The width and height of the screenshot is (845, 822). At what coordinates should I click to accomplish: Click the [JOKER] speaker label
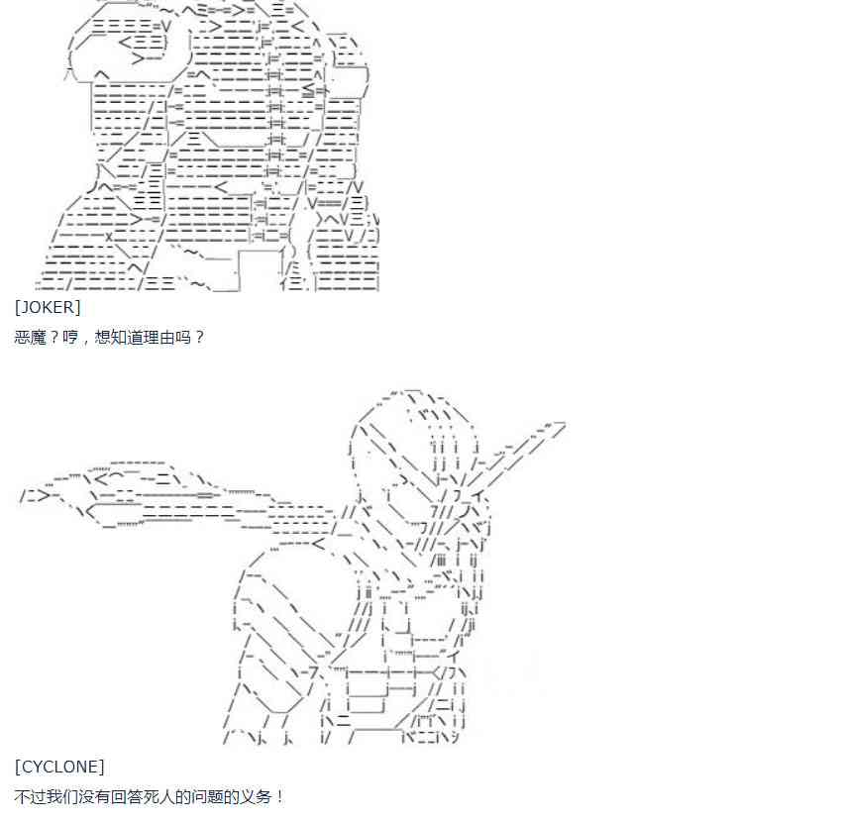pos(48,307)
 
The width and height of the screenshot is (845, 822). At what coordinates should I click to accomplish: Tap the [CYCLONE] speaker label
pos(59,766)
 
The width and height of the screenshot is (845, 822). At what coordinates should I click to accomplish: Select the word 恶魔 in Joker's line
pos(30,337)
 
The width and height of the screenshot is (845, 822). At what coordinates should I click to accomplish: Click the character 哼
pos(70,337)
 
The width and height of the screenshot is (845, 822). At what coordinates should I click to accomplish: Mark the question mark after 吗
pos(199,337)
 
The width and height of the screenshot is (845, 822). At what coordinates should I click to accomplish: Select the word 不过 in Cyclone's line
pos(30,796)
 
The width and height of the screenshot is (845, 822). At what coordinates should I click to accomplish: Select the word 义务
pos(257,796)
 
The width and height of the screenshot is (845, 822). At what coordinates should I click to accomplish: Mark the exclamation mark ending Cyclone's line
pos(279,796)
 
